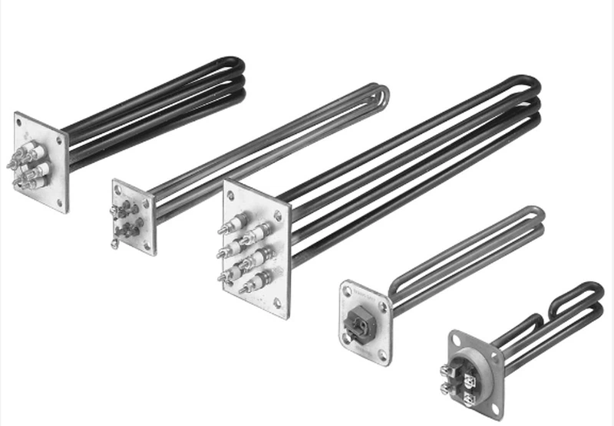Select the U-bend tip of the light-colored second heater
coord(381,95)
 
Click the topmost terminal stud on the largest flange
coord(225,227)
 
